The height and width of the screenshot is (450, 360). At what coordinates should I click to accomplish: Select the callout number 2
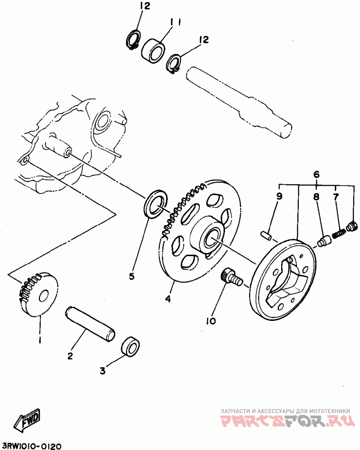[x=70, y=356]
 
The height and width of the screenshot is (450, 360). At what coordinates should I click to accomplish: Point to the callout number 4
[x=167, y=298]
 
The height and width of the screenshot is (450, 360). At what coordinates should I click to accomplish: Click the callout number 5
[x=132, y=276]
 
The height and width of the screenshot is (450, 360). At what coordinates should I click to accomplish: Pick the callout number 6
[x=316, y=174]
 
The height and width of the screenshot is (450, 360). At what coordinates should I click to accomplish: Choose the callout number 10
[x=211, y=321]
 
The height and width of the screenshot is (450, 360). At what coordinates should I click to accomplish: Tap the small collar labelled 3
[x=131, y=346]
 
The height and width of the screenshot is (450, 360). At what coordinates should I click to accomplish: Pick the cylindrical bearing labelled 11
[x=153, y=49]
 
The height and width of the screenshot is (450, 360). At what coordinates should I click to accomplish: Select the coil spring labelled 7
[x=339, y=233]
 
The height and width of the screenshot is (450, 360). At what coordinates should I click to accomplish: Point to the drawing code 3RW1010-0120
[x=31, y=445]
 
